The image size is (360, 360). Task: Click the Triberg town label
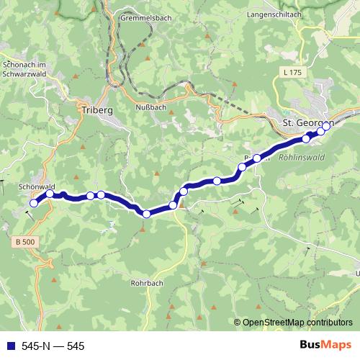tap(92, 111)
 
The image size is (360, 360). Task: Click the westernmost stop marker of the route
tap(33, 204)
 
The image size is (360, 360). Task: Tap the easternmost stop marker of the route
tap(326, 126)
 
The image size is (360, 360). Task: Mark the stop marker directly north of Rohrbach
tap(146, 213)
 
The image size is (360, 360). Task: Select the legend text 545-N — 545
tap(53, 346)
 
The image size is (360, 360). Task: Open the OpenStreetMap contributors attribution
tap(297, 323)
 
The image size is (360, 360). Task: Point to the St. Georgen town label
tap(306, 123)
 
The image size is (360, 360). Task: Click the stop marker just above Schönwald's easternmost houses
tap(50, 193)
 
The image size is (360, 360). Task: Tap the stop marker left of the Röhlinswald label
tap(257, 158)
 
